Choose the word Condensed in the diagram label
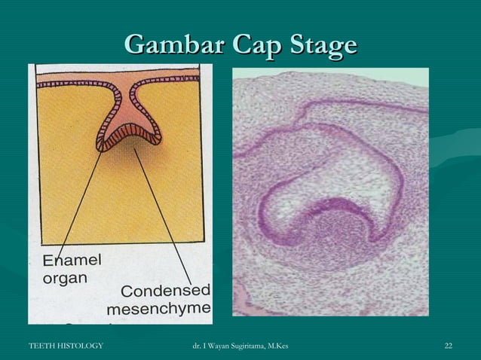[x=166, y=291]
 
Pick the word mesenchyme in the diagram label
[x=159, y=309]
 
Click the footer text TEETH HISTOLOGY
[x=66, y=346]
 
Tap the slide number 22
[x=449, y=346]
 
